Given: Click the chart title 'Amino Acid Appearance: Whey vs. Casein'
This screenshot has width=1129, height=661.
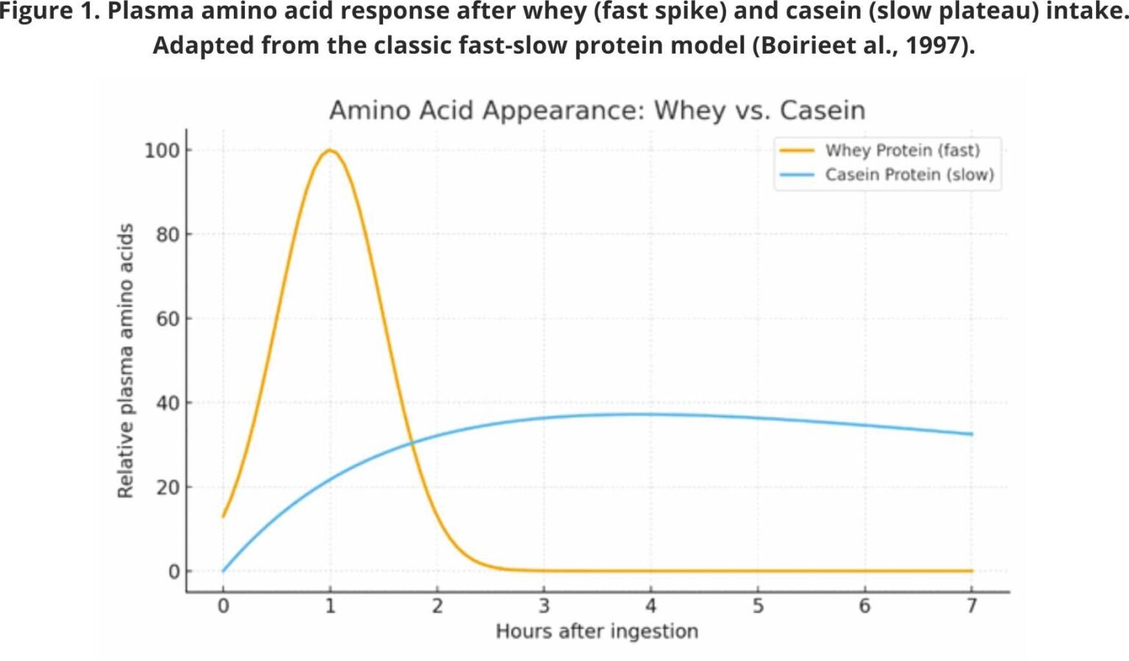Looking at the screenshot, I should tap(597, 110).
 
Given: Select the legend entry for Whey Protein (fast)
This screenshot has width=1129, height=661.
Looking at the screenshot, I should tap(902, 151).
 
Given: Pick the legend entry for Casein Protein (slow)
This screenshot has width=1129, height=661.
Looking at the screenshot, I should tap(908, 175).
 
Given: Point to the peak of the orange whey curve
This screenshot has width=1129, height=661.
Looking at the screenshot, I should tap(330, 151).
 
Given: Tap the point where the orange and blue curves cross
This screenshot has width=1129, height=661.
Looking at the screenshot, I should tap(412, 443).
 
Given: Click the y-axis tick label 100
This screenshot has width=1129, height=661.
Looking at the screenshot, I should tap(162, 151).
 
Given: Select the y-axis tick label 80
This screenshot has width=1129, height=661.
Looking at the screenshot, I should tap(167, 235).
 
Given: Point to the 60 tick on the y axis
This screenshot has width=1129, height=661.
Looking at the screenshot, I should tap(167, 319).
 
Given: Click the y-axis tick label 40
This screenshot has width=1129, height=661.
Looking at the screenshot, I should tap(167, 403).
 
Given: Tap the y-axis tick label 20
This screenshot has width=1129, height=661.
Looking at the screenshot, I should tap(167, 487).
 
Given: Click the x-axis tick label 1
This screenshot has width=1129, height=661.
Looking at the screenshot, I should tap(330, 606).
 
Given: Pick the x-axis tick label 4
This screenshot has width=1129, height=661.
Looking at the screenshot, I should tap(650, 606).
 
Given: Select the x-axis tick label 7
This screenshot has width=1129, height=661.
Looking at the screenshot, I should tap(972, 606).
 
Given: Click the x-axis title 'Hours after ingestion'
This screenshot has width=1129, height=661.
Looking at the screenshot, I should tap(597, 632).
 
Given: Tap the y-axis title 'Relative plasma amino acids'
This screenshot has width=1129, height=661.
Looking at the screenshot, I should tap(126, 361).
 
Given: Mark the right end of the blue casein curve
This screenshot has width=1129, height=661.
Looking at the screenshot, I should tap(972, 434).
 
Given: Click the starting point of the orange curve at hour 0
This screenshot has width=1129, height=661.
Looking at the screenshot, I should tap(223, 516).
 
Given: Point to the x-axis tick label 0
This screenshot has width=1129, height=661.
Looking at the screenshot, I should tap(223, 606).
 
